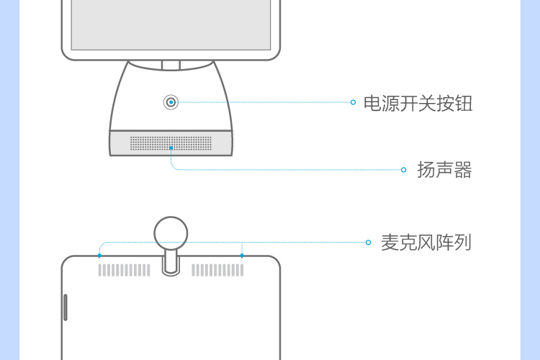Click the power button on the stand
(x=171, y=102)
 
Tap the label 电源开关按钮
(x=418, y=103)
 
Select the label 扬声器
(x=444, y=170)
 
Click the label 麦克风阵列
(x=426, y=243)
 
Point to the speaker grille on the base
(x=171, y=143)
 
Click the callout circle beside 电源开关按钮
(x=353, y=102)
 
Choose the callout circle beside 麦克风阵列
(x=369, y=243)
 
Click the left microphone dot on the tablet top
(x=99, y=256)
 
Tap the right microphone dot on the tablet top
(x=242, y=256)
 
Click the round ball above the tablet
(x=171, y=233)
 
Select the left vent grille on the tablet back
(x=125, y=270)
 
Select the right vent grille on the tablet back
(x=217, y=270)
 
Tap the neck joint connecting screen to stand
(x=171, y=66)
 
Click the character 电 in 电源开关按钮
(x=372, y=103)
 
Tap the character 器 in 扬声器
(x=463, y=170)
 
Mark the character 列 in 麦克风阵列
(x=462, y=243)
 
